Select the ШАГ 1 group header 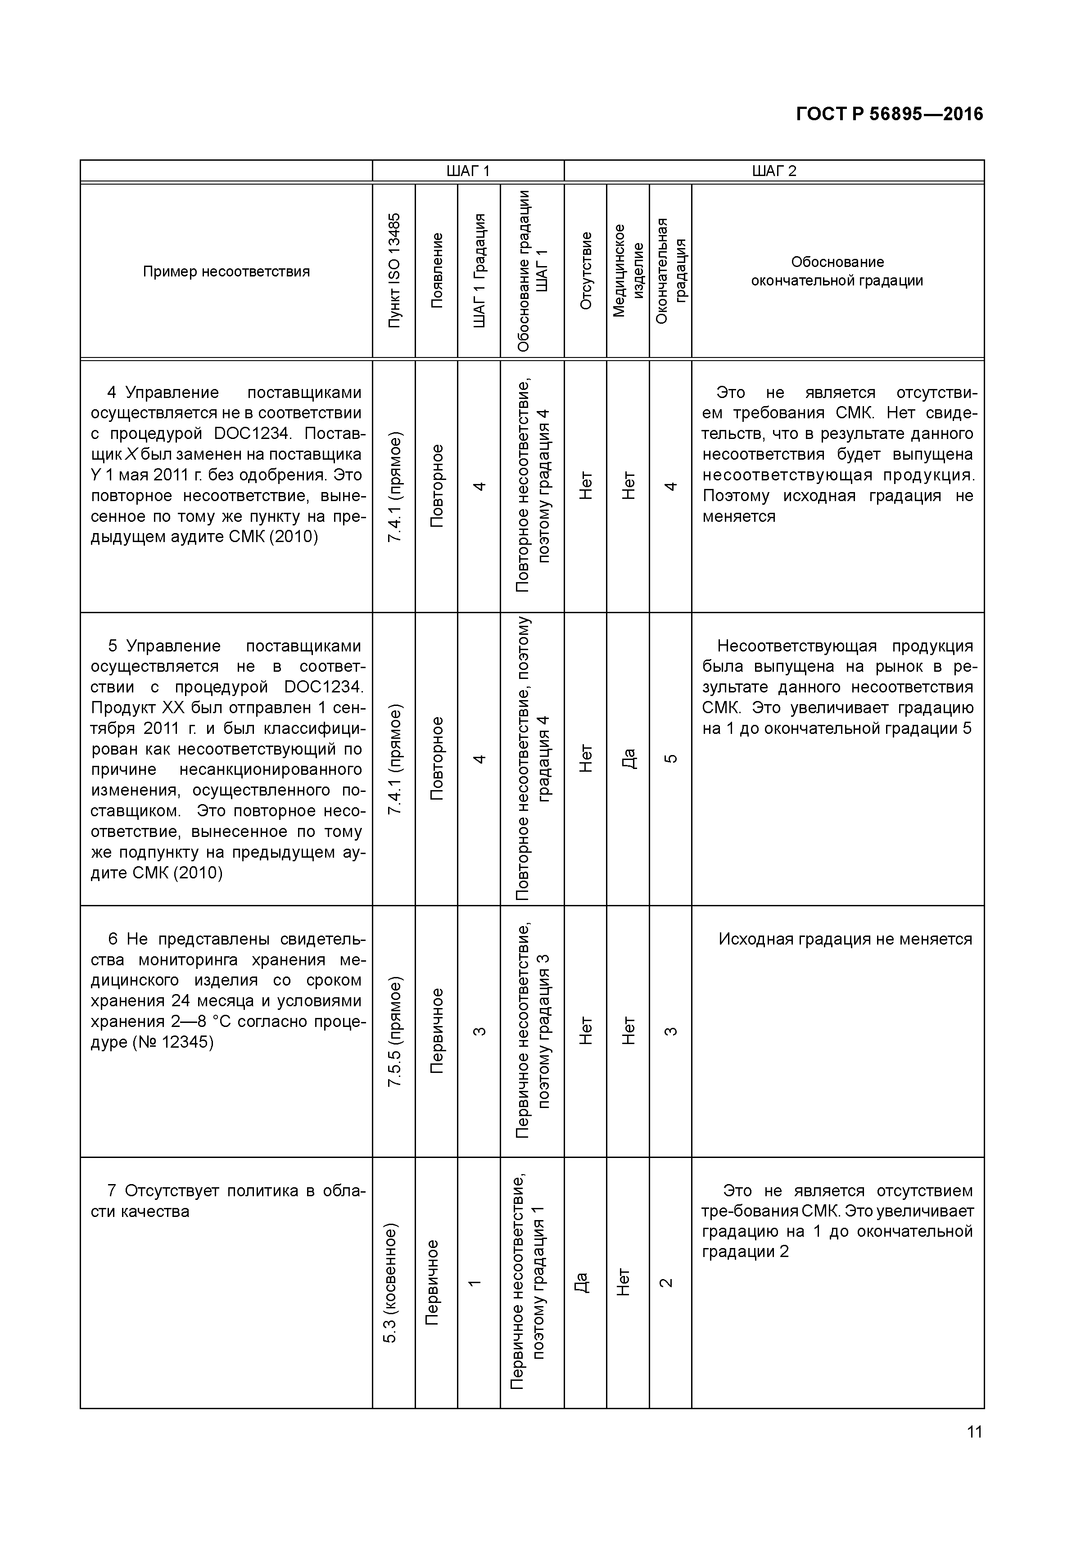pos(468,171)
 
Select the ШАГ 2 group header pos(773,171)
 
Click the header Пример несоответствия pos(226,271)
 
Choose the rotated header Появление pos(437,271)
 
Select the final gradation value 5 pos(670,759)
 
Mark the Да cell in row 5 pos(628,759)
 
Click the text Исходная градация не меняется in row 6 pos(845,939)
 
